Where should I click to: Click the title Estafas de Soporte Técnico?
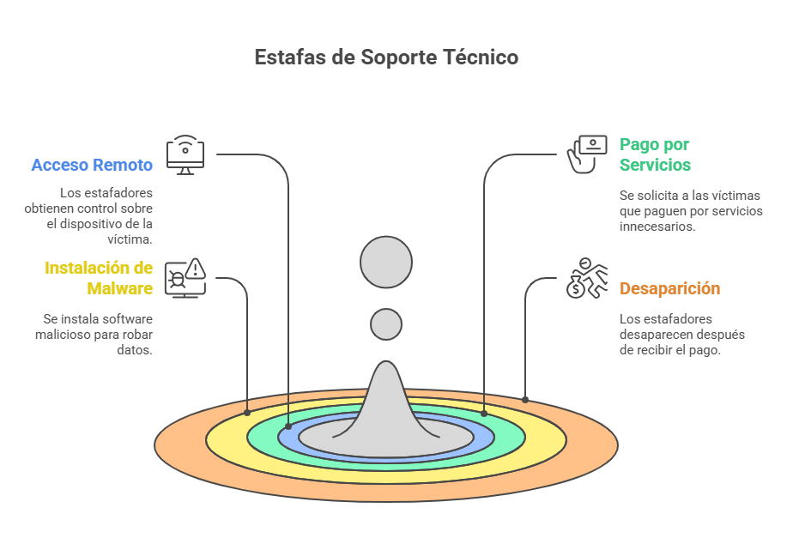coord(386,57)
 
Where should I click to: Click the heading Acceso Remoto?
coord(92,165)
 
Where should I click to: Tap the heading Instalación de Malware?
coord(99,278)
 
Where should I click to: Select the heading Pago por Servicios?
coord(655,154)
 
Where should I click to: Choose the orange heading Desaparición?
coord(669,288)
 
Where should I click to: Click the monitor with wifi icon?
coord(185,154)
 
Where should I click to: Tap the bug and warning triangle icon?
coord(185,278)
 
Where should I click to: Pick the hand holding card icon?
coord(588,154)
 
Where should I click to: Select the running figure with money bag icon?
coord(587,277)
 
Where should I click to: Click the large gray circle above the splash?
coord(386,262)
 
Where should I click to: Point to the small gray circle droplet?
coord(386,324)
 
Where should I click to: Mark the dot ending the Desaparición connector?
coord(525,399)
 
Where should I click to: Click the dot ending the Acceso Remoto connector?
coord(288,426)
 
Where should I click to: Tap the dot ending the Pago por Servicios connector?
coord(484,414)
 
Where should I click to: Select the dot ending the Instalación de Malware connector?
coord(247,413)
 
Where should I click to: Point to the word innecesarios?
coord(657,227)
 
